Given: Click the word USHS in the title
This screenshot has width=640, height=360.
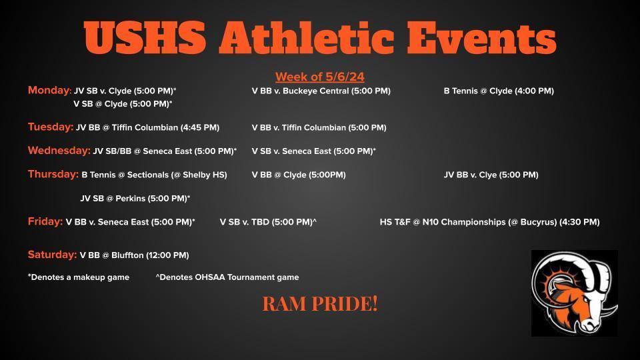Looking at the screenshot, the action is pyautogui.click(x=145, y=37).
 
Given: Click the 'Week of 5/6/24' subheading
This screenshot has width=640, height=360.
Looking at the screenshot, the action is pyautogui.click(x=319, y=77).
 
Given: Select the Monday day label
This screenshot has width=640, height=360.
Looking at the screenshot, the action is pyautogui.click(x=49, y=90).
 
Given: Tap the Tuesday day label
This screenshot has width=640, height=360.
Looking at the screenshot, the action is pyautogui.click(x=51, y=127).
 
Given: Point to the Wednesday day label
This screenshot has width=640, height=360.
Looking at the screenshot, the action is pyautogui.click(x=59, y=151).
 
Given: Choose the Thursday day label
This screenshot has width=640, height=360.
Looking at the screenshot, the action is pyautogui.click(x=53, y=174).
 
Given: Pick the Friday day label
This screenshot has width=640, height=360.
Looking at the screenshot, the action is pyautogui.click(x=45, y=221).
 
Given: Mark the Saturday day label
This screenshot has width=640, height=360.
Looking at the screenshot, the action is pyautogui.click(x=52, y=255).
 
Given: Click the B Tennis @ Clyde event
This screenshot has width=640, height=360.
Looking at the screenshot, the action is pyautogui.click(x=499, y=91).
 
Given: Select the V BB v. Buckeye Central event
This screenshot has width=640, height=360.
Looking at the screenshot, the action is pyautogui.click(x=321, y=91).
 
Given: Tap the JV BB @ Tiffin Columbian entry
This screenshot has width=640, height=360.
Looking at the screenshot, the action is pyautogui.click(x=148, y=128).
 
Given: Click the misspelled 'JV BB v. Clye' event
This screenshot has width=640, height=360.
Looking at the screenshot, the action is pyautogui.click(x=491, y=175).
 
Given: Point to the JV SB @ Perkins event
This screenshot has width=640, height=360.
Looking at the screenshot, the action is pyautogui.click(x=135, y=199).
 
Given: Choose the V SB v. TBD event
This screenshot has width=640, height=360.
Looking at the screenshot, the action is pyautogui.click(x=268, y=223).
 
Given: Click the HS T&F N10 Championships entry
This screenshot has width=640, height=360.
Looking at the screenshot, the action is pyautogui.click(x=490, y=223).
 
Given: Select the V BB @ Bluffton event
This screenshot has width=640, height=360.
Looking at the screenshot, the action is pyautogui.click(x=134, y=255).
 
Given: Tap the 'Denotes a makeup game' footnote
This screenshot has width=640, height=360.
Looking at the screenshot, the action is pyautogui.click(x=79, y=277).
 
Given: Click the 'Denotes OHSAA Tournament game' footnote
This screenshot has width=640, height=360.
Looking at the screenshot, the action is pyautogui.click(x=227, y=277).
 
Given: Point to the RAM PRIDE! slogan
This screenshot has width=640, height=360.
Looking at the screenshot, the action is pyautogui.click(x=319, y=304).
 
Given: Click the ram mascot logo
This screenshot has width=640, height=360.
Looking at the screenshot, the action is pyautogui.click(x=574, y=293).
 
